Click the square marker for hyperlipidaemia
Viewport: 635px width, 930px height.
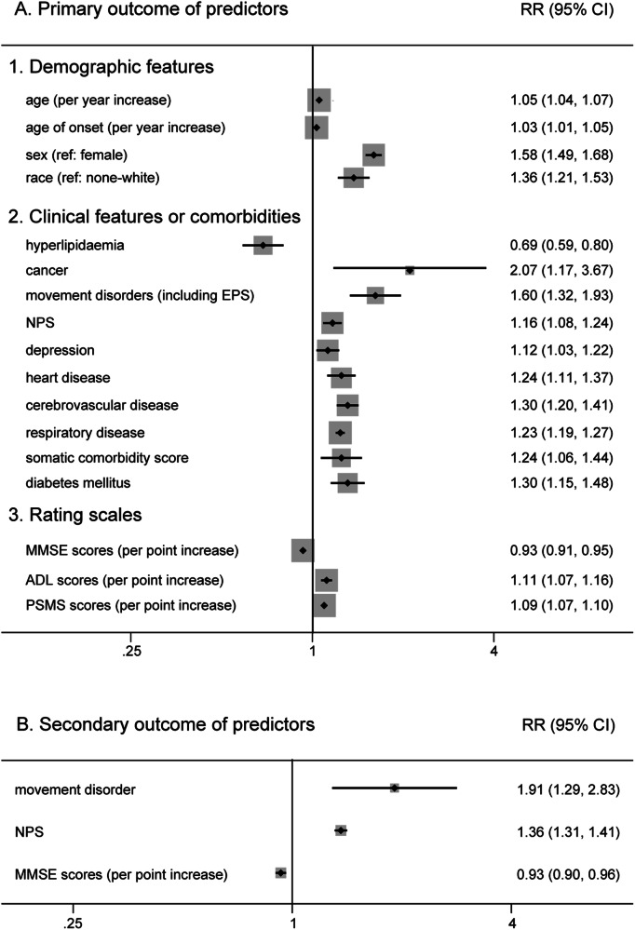263,245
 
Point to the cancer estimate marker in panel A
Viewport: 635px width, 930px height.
410,270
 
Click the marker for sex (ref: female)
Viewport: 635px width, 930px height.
373,155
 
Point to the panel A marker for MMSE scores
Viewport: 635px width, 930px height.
303,550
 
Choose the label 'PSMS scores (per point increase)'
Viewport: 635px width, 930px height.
131,606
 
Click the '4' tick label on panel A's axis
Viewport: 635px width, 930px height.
493,651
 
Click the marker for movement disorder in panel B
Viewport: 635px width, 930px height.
395,788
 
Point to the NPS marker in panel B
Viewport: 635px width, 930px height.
341,830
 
